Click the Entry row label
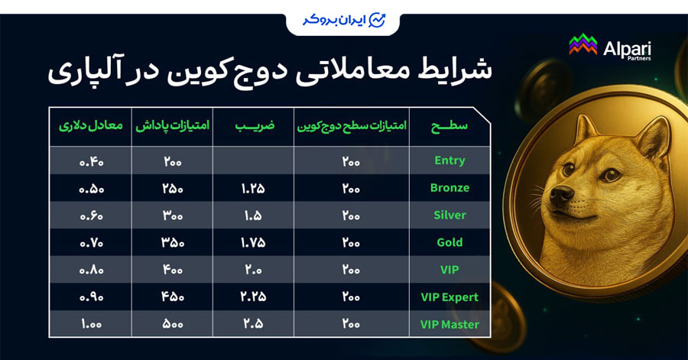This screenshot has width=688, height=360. tap(449, 161)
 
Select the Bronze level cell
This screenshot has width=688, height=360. tap(449, 188)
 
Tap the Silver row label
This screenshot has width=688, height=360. tap(449, 216)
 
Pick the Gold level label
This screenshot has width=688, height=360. tap(449, 242)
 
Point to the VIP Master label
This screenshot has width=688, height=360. tap(449, 324)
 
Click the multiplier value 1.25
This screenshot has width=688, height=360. tap(252, 188)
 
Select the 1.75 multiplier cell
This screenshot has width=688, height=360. tap(252, 242)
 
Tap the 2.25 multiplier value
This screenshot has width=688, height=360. tap(252, 297)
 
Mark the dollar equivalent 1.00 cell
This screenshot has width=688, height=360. tap(90, 324)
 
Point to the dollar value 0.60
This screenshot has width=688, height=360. tap(90, 216)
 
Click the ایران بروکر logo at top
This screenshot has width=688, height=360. tap(343, 19)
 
